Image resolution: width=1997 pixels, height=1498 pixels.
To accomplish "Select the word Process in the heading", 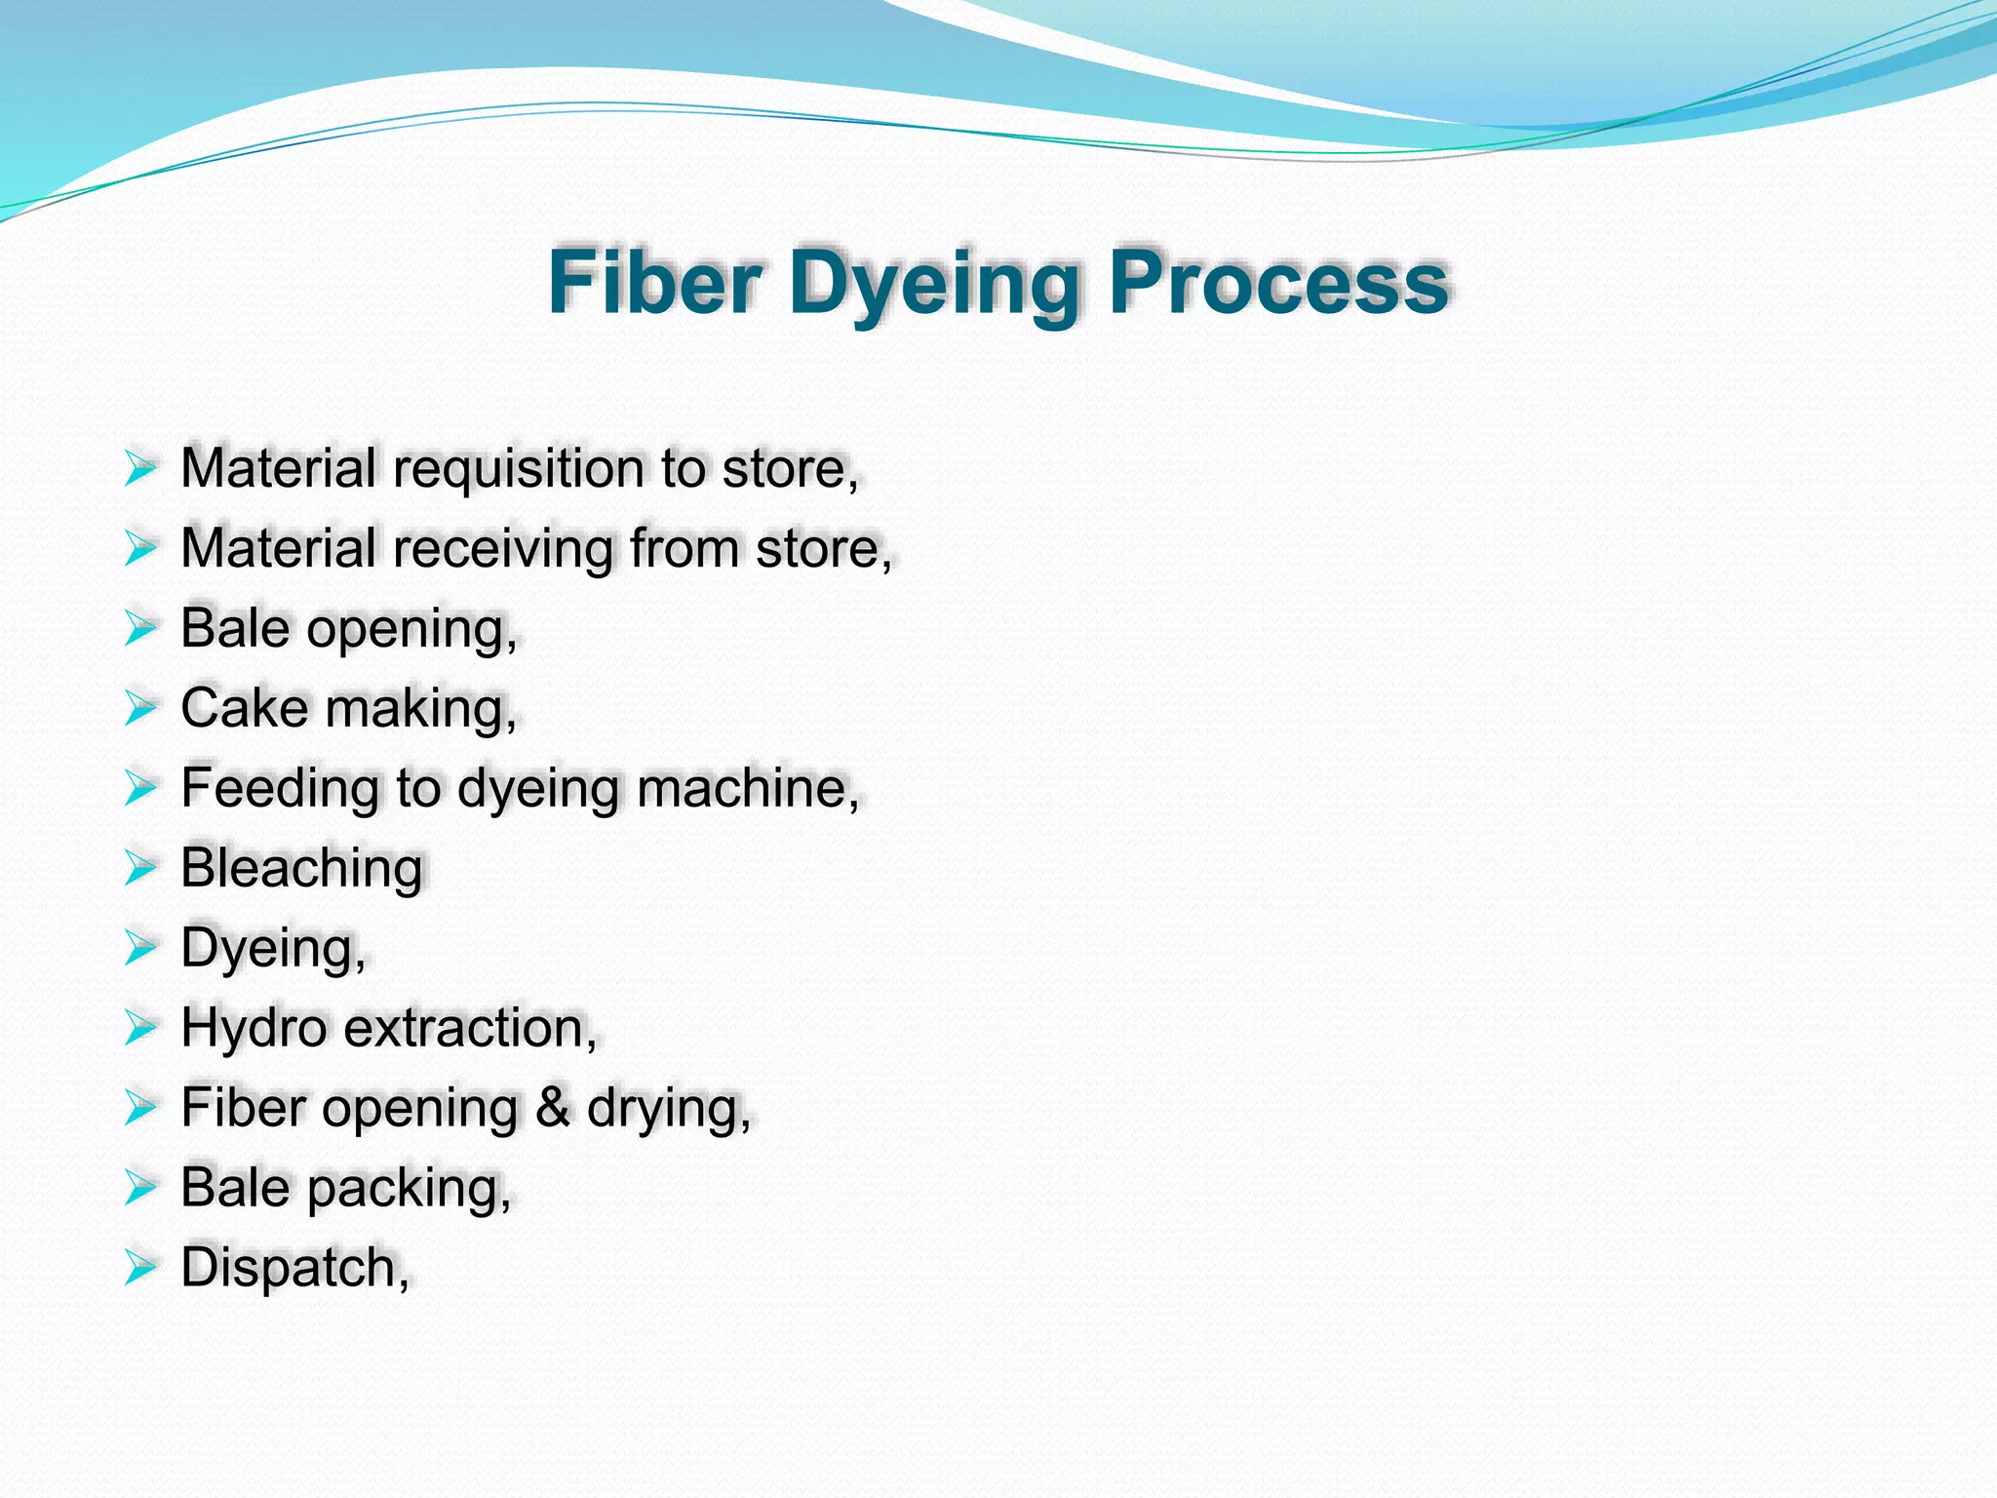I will pos(1278,283).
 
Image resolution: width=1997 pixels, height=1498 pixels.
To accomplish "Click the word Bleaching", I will pos(301,868).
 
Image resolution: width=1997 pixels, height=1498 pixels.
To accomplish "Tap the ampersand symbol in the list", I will pos(552,1108).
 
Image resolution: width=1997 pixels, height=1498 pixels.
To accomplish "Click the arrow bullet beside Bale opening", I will pos(140,629).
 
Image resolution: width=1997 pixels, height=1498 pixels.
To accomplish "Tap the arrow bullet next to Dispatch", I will pos(140,1268).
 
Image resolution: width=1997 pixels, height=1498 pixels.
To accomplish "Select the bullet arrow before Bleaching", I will pos(140,868).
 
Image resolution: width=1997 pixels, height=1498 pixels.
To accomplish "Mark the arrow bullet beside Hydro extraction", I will pos(140,1028).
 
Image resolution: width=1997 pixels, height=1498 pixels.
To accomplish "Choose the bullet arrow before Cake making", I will pos(140,709).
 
